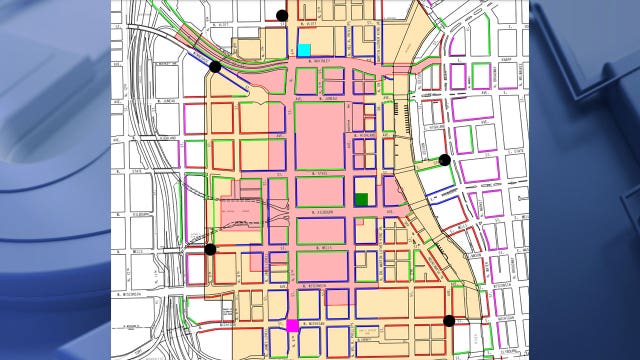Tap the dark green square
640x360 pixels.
[x=361, y=199]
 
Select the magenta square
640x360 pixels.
[x=292, y=325]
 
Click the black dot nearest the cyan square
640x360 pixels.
[x=282, y=15]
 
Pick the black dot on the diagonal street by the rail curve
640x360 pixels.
[x=214, y=66]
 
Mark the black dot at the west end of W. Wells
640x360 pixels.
[x=210, y=249]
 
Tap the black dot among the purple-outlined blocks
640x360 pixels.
[x=445, y=159]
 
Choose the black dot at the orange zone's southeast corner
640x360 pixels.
[x=448, y=321]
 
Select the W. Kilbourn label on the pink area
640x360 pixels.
[x=321, y=212]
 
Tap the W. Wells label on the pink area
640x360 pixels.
[x=321, y=247]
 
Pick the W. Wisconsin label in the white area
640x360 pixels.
[x=130, y=295]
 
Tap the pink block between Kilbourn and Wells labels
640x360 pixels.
[x=321, y=229]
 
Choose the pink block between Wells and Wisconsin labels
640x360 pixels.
[x=321, y=267]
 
